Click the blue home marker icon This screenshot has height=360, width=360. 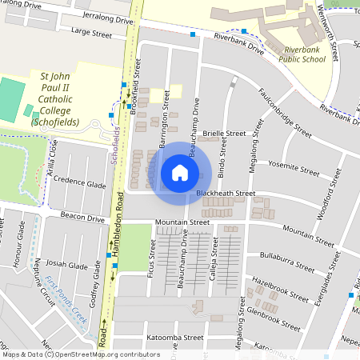[x=180, y=172]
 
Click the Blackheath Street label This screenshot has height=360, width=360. [x=226, y=194]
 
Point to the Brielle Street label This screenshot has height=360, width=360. [x=224, y=134]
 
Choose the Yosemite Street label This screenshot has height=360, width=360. [x=294, y=166]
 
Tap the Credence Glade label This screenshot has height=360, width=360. [x=80, y=183]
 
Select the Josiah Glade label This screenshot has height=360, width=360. [x=67, y=264]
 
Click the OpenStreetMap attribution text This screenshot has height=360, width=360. [x=81, y=354]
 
